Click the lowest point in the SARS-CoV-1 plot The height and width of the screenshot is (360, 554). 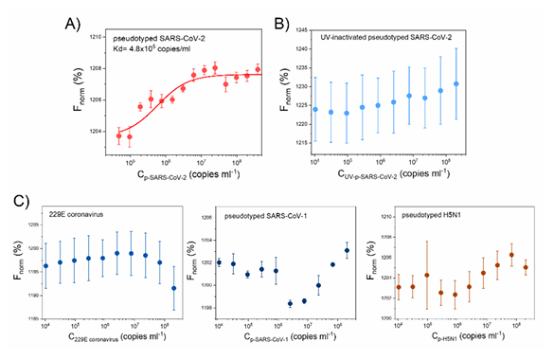[x=290, y=303]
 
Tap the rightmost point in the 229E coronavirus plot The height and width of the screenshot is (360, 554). [x=175, y=288]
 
